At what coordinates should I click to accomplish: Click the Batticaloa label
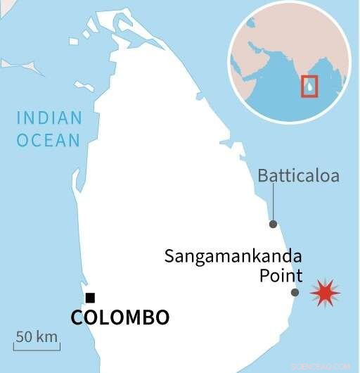(298, 176)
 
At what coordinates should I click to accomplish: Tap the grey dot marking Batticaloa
(274, 224)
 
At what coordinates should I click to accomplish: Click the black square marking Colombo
(90, 298)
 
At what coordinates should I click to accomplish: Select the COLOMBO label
(120, 317)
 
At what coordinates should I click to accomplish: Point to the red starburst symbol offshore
(325, 292)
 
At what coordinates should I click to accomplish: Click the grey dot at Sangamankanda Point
(295, 292)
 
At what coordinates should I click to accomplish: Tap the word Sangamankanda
(233, 256)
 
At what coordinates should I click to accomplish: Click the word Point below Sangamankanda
(281, 275)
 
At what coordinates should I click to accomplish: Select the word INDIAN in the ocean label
(49, 118)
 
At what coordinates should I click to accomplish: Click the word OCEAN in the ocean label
(49, 141)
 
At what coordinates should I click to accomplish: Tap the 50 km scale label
(37, 336)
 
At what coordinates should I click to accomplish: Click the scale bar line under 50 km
(37, 348)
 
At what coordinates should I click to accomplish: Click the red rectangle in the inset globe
(309, 85)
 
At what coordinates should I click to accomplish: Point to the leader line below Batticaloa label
(273, 203)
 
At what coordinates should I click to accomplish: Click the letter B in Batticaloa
(263, 176)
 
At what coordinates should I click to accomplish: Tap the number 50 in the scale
(25, 336)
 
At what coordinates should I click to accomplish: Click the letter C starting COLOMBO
(77, 317)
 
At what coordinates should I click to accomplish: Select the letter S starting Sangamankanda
(169, 256)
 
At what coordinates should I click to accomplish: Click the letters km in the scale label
(47, 336)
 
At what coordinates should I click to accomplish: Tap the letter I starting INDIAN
(19, 118)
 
